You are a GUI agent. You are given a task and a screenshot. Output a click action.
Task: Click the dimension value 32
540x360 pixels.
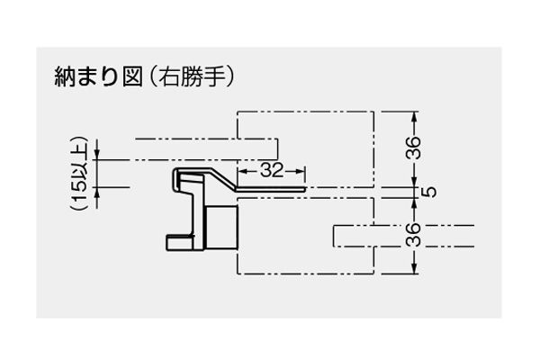pyautogui.click(x=272, y=168)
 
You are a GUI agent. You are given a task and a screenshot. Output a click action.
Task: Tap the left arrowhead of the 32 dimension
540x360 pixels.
pyautogui.click(x=239, y=168)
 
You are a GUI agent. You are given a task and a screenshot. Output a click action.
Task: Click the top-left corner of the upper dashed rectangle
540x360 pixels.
pyautogui.click(x=237, y=112)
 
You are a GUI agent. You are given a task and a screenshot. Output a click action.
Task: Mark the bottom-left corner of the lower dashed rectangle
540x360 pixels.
pyautogui.click(x=237, y=274)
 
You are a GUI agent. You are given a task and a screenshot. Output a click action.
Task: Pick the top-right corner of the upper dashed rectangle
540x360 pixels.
pyautogui.click(x=373, y=112)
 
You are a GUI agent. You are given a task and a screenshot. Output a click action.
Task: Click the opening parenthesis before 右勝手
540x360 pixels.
pyautogui.click(x=154, y=77)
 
